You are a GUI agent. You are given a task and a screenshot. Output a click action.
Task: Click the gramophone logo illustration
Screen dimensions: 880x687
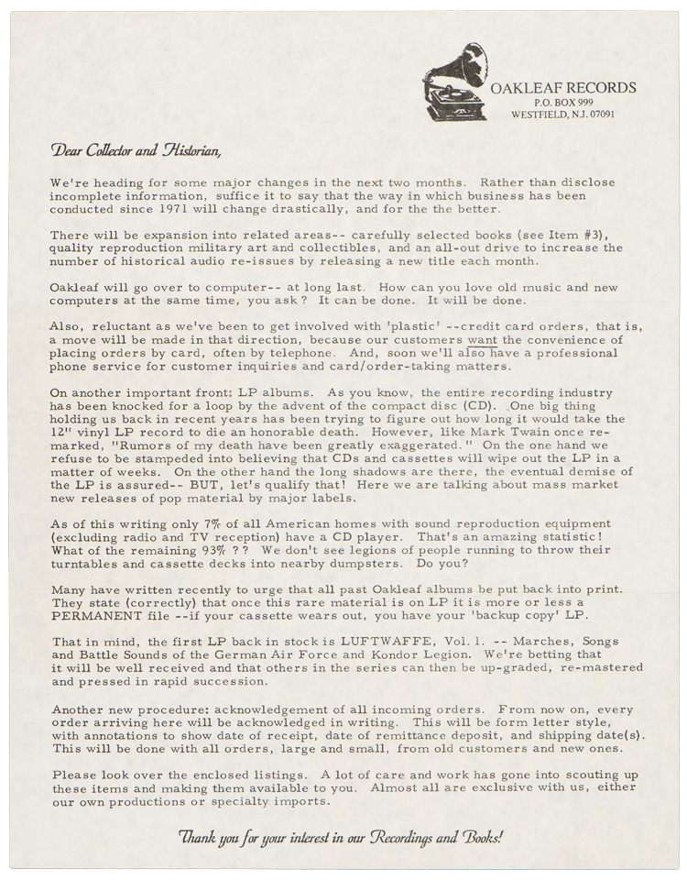click(x=454, y=82)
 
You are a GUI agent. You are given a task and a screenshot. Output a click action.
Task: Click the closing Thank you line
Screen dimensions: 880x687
click(x=342, y=835)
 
